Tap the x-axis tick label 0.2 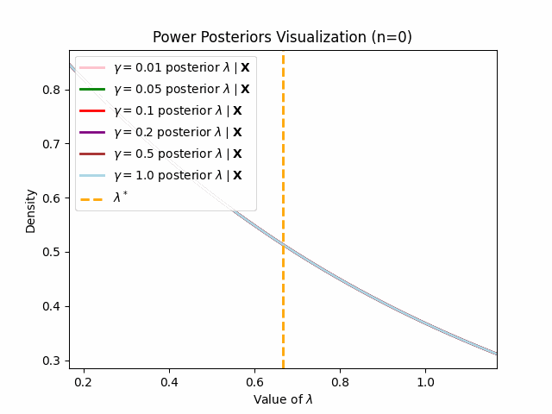[x=84, y=381]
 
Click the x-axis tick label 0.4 [x=169, y=381]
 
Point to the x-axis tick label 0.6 [x=254, y=381]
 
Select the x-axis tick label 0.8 [x=340, y=381]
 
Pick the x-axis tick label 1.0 [x=425, y=381]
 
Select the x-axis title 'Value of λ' [x=283, y=399]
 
